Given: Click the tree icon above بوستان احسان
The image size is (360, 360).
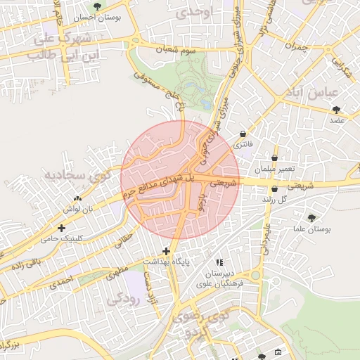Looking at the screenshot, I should point(98,6).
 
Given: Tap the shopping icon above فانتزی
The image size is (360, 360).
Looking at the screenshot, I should point(243,134).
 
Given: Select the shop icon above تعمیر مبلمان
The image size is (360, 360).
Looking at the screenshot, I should point(274,157).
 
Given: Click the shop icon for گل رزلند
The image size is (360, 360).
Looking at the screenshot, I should point(274,188).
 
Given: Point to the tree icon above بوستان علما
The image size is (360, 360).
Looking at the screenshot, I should point(311,218).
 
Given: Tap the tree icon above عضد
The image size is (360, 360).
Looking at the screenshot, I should point(336,109).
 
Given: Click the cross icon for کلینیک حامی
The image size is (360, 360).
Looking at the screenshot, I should point(63,228).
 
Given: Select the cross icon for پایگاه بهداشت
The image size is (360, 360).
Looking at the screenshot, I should point(166,251).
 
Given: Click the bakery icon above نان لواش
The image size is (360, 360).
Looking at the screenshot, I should point(77,199).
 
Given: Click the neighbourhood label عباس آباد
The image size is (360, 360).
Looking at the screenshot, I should point(314,93).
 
